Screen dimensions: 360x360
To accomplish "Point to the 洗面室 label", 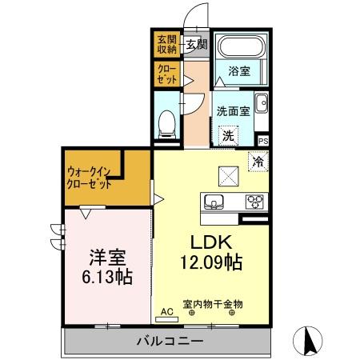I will pyautogui.click(x=233, y=111).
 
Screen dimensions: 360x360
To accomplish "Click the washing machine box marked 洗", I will pyautogui.click(x=228, y=136).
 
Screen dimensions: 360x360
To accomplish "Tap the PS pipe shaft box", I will pyautogui.click(x=263, y=141).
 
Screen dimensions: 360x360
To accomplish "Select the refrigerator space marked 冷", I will pyautogui.click(x=258, y=160).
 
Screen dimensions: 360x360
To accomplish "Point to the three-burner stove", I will pyautogui.click(x=255, y=201).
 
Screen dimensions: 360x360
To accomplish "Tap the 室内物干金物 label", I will pyautogui.click(x=213, y=304).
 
